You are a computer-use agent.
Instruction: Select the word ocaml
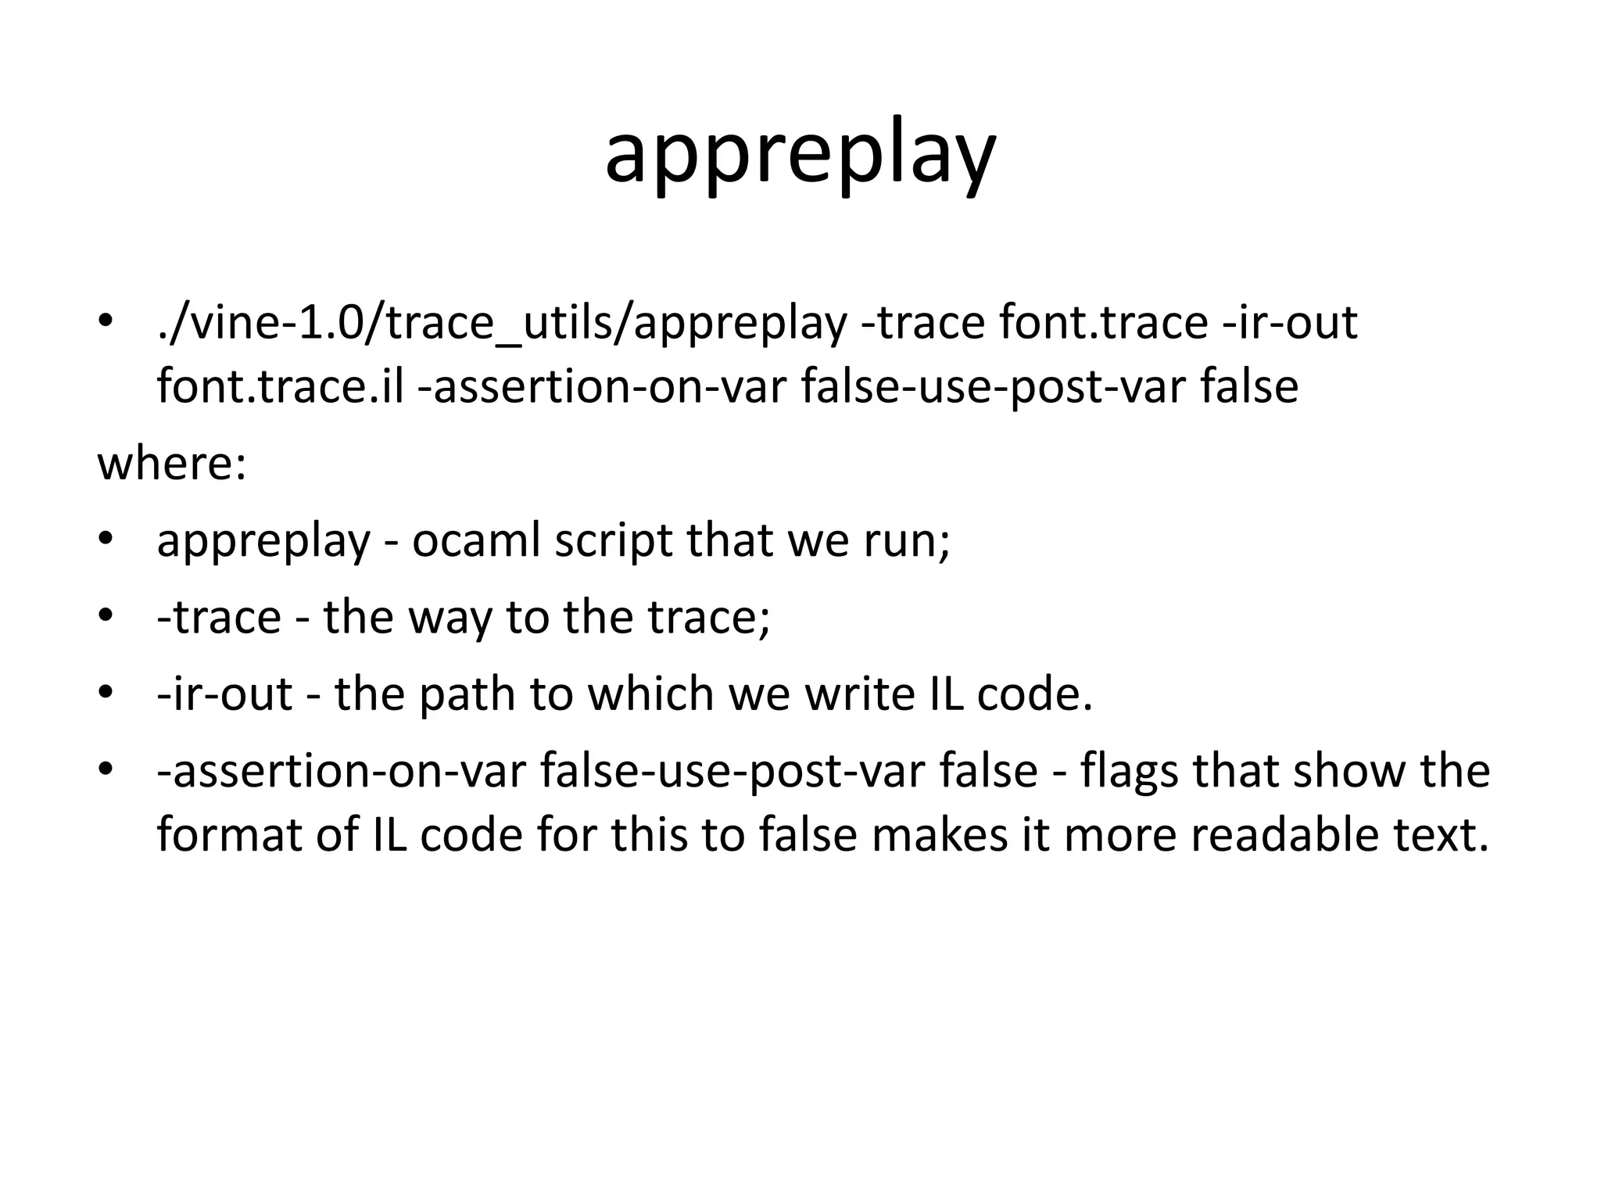(x=476, y=540)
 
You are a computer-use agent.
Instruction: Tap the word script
(x=614, y=540)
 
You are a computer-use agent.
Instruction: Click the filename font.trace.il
(x=280, y=386)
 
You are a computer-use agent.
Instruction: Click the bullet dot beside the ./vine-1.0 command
(x=106, y=322)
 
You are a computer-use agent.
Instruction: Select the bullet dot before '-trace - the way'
(x=106, y=617)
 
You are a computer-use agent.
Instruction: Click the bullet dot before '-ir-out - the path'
(x=106, y=694)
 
